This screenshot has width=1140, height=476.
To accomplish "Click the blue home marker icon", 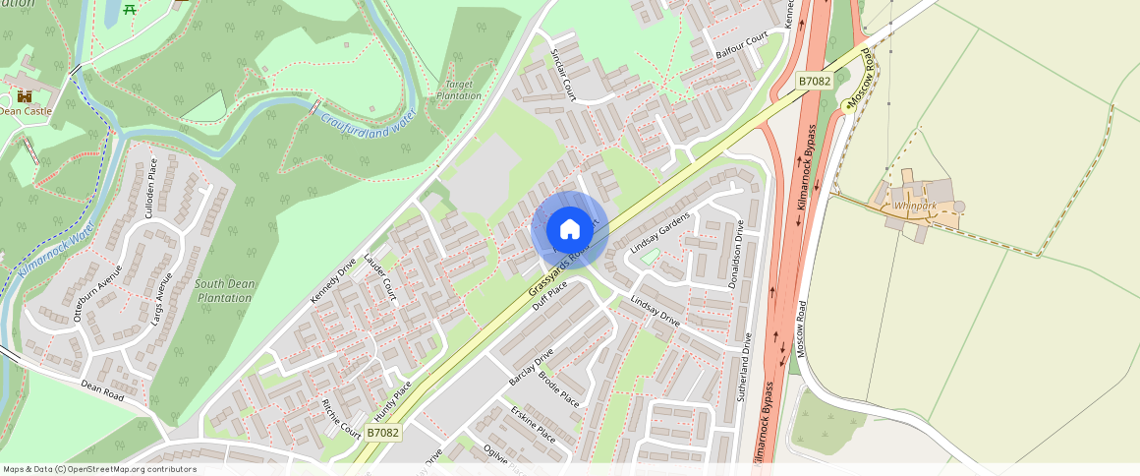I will (570, 230).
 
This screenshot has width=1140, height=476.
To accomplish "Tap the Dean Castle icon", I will (25, 96).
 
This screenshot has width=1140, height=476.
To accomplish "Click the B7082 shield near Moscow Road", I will (815, 81).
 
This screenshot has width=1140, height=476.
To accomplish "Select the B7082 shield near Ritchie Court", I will (383, 433).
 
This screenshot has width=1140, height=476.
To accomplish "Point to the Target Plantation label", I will (459, 90).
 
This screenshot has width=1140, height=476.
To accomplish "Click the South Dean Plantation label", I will (225, 290).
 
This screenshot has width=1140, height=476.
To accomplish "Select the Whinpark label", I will (916, 206).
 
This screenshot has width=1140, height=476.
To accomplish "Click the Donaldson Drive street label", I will (738, 252).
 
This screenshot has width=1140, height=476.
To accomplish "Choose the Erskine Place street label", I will (533, 424).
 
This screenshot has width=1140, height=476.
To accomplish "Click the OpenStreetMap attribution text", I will (99, 469).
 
